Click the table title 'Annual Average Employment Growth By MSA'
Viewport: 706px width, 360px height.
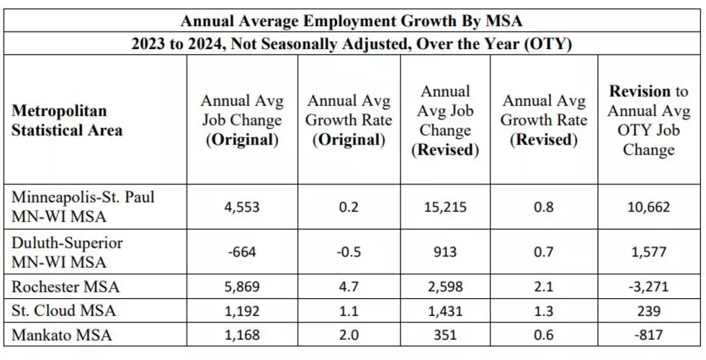click(352, 21)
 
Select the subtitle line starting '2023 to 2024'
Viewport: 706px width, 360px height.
click(352, 44)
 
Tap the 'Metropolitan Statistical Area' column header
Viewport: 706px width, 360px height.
click(66, 120)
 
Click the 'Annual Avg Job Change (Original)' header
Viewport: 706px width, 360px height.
click(242, 120)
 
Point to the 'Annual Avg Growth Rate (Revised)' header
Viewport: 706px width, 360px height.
click(544, 120)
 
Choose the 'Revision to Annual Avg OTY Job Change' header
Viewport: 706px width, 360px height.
click(648, 120)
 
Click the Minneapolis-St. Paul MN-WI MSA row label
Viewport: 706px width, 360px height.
click(83, 207)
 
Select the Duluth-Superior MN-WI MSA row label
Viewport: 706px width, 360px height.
click(67, 253)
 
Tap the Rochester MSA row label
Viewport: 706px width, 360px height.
click(66, 287)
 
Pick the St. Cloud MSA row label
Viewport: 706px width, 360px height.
click(63, 310)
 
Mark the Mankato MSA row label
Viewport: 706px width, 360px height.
click(62, 335)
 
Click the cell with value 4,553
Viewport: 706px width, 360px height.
click(242, 207)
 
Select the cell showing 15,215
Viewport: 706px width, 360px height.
click(445, 207)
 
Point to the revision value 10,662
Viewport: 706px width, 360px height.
click(648, 207)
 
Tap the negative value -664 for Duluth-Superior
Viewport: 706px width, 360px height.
click(242, 251)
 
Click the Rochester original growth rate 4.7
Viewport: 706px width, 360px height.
click(349, 287)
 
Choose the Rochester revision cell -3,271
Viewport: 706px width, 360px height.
click(648, 287)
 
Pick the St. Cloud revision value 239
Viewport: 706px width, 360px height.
click(648, 310)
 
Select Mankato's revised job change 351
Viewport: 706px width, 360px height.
click(445, 335)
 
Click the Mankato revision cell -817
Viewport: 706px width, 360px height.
click(648, 335)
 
